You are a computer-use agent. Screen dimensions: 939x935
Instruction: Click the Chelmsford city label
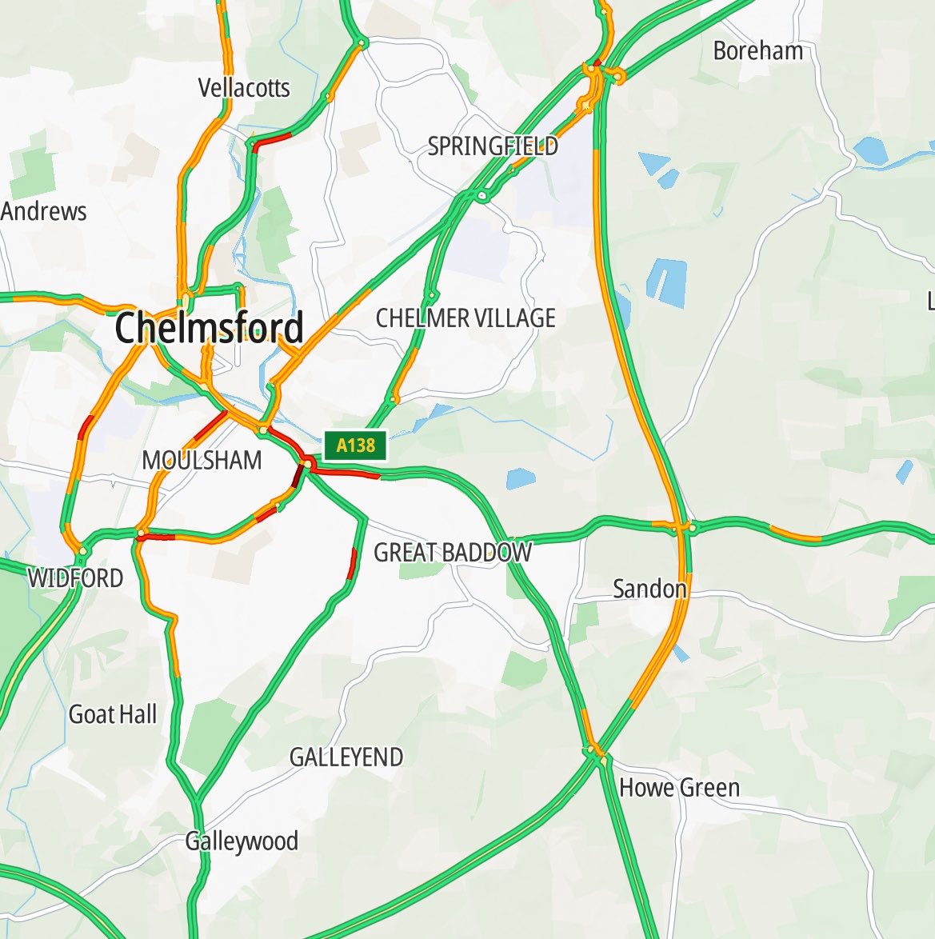coord(210,328)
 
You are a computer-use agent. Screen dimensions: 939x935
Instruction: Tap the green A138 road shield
coord(355,446)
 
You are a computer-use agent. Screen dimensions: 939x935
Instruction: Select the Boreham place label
coord(757,51)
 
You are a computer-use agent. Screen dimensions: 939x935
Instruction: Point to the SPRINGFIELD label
coord(493,146)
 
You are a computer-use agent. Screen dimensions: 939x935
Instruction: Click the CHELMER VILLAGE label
coord(466,318)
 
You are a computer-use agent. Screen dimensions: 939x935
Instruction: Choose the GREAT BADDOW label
coord(453,552)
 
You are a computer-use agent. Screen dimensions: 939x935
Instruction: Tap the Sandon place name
coord(649,589)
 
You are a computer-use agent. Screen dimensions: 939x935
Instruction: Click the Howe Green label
coord(679,788)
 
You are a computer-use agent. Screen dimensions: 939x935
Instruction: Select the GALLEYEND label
coord(346,757)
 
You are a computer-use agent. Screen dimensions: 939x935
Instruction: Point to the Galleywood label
coord(242,841)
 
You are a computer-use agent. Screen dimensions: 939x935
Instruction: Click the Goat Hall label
coord(113,714)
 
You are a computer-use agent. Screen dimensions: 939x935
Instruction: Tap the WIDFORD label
coord(76,577)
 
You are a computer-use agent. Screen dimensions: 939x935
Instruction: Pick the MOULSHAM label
coord(202,460)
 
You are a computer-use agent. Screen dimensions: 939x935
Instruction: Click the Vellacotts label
coord(244,87)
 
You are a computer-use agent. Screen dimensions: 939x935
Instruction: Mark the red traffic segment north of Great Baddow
coord(353,563)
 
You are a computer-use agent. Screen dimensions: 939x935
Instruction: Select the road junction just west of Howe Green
coord(593,751)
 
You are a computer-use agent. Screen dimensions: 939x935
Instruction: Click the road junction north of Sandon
coord(685,526)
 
